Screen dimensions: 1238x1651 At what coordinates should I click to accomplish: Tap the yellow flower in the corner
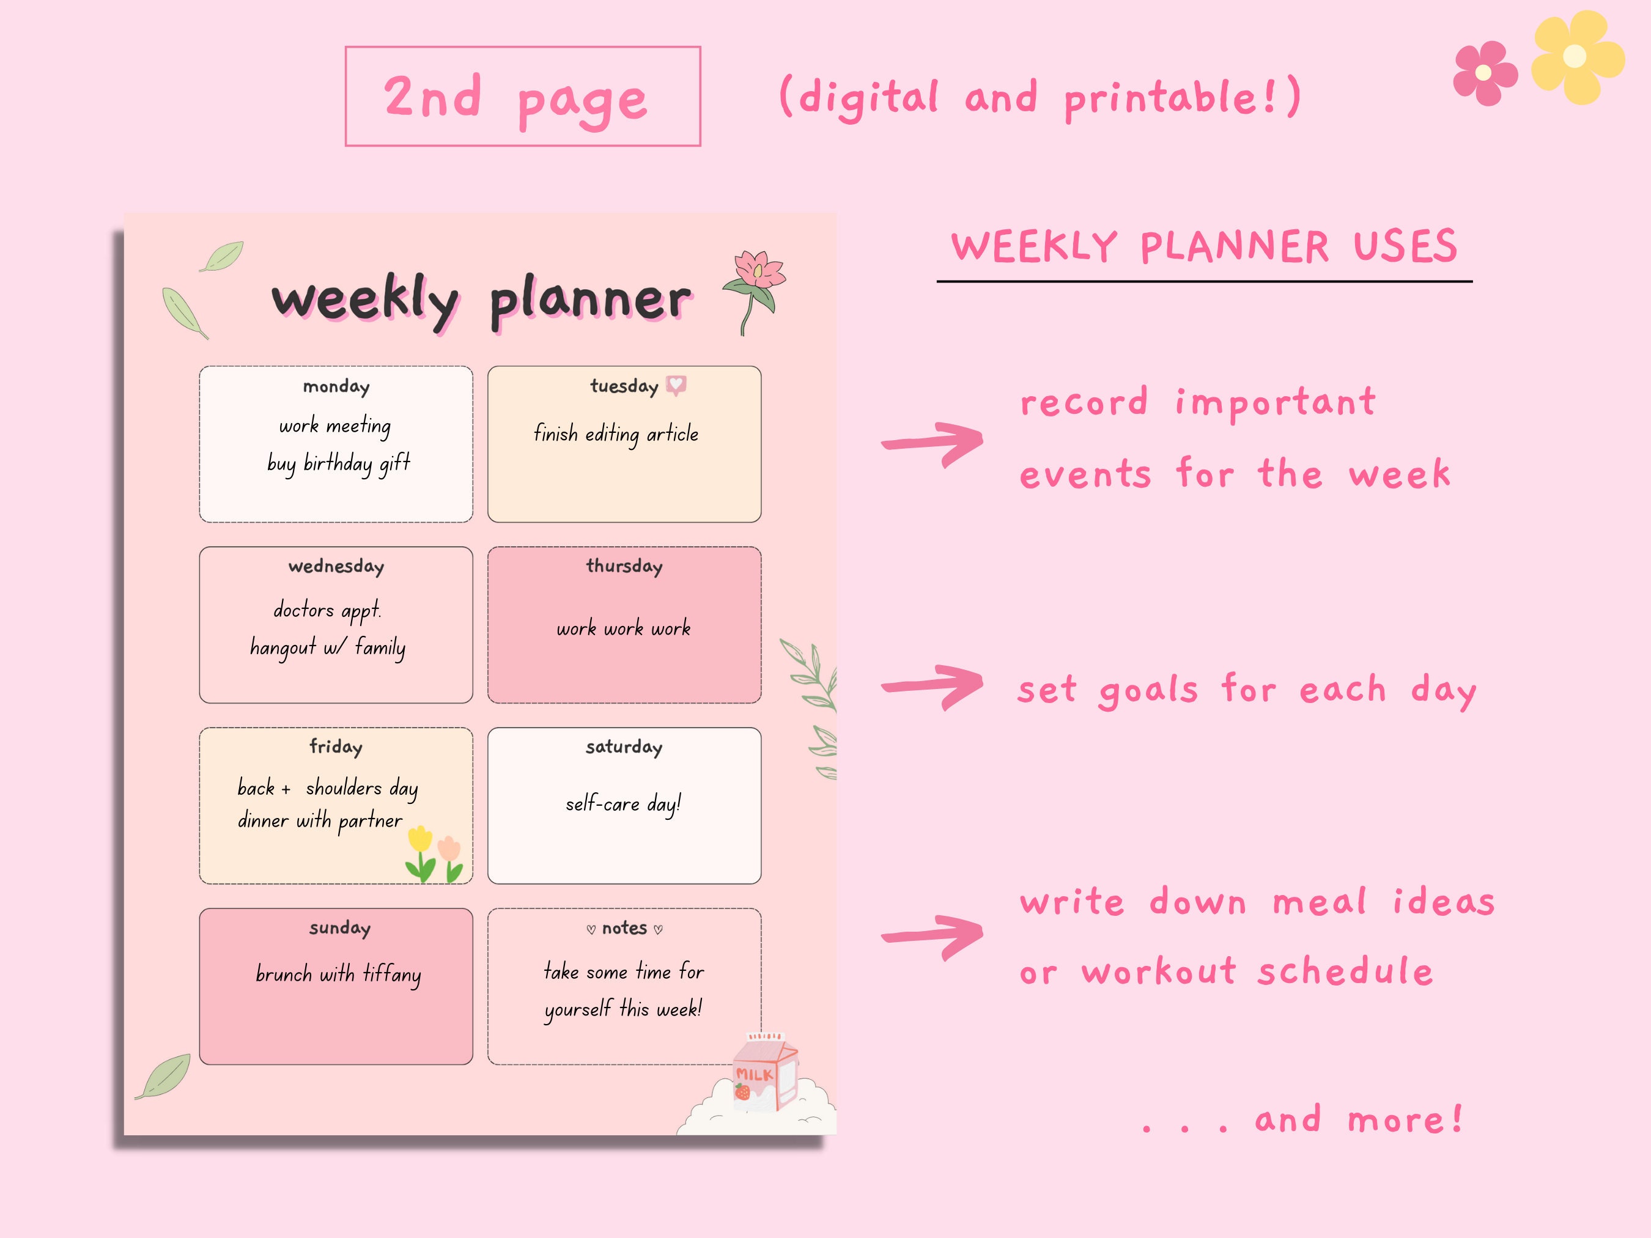pyautogui.click(x=1576, y=57)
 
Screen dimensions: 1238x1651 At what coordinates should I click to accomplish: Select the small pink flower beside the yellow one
pyautogui.click(x=1485, y=73)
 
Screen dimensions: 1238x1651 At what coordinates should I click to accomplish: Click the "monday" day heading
pyautogui.click(x=336, y=386)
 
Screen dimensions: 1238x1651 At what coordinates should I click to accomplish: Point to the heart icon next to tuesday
pyautogui.click(x=676, y=385)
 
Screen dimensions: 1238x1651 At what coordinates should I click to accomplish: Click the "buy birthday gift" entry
pyautogui.click(x=338, y=463)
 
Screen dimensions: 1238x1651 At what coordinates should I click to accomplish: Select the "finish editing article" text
pyautogui.click(x=616, y=433)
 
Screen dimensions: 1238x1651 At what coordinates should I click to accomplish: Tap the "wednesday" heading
pyautogui.click(x=336, y=566)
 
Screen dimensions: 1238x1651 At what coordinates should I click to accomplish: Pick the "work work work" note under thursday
pyautogui.click(x=623, y=628)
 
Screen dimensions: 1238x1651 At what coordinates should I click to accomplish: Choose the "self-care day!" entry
pyautogui.click(x=623, y=804)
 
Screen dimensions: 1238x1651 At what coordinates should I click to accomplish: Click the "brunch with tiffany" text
pyautogui.click(x=338, y=974)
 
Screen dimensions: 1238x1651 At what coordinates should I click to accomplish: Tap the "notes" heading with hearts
pyautogui.click(x=625, y=928)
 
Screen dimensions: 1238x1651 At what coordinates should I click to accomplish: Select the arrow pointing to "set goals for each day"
pyautogui.click(x=933, y=687)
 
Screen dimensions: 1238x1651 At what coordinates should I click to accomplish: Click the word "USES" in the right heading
pyautogui.click(x=1405, y=246)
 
